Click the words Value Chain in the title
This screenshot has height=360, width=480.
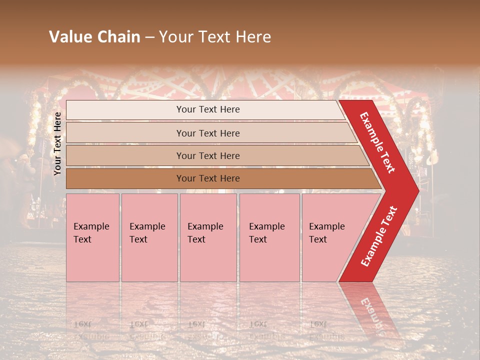(x=94, y=36)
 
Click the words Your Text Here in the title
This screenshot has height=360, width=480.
(x=215, y=36)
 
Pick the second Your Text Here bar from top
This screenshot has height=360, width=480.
(x=207, y=133)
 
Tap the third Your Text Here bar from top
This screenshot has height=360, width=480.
(x=207, y=155)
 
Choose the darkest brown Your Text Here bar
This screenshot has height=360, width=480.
(x=207, y=178)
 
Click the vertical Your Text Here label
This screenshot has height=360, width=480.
(x=57, y=143)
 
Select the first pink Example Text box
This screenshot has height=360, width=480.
(x=92, y=237)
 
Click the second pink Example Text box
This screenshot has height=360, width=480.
(x=149, y=237)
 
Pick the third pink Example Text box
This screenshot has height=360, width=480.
(x=207, y=237)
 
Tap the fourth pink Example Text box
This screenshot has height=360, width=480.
(x=269, y=237)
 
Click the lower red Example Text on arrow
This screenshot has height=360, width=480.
(x=379, y=236)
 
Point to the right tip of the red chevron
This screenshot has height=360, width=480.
(x=417, y=190)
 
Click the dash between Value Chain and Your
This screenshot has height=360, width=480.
(x=149, y=37)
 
